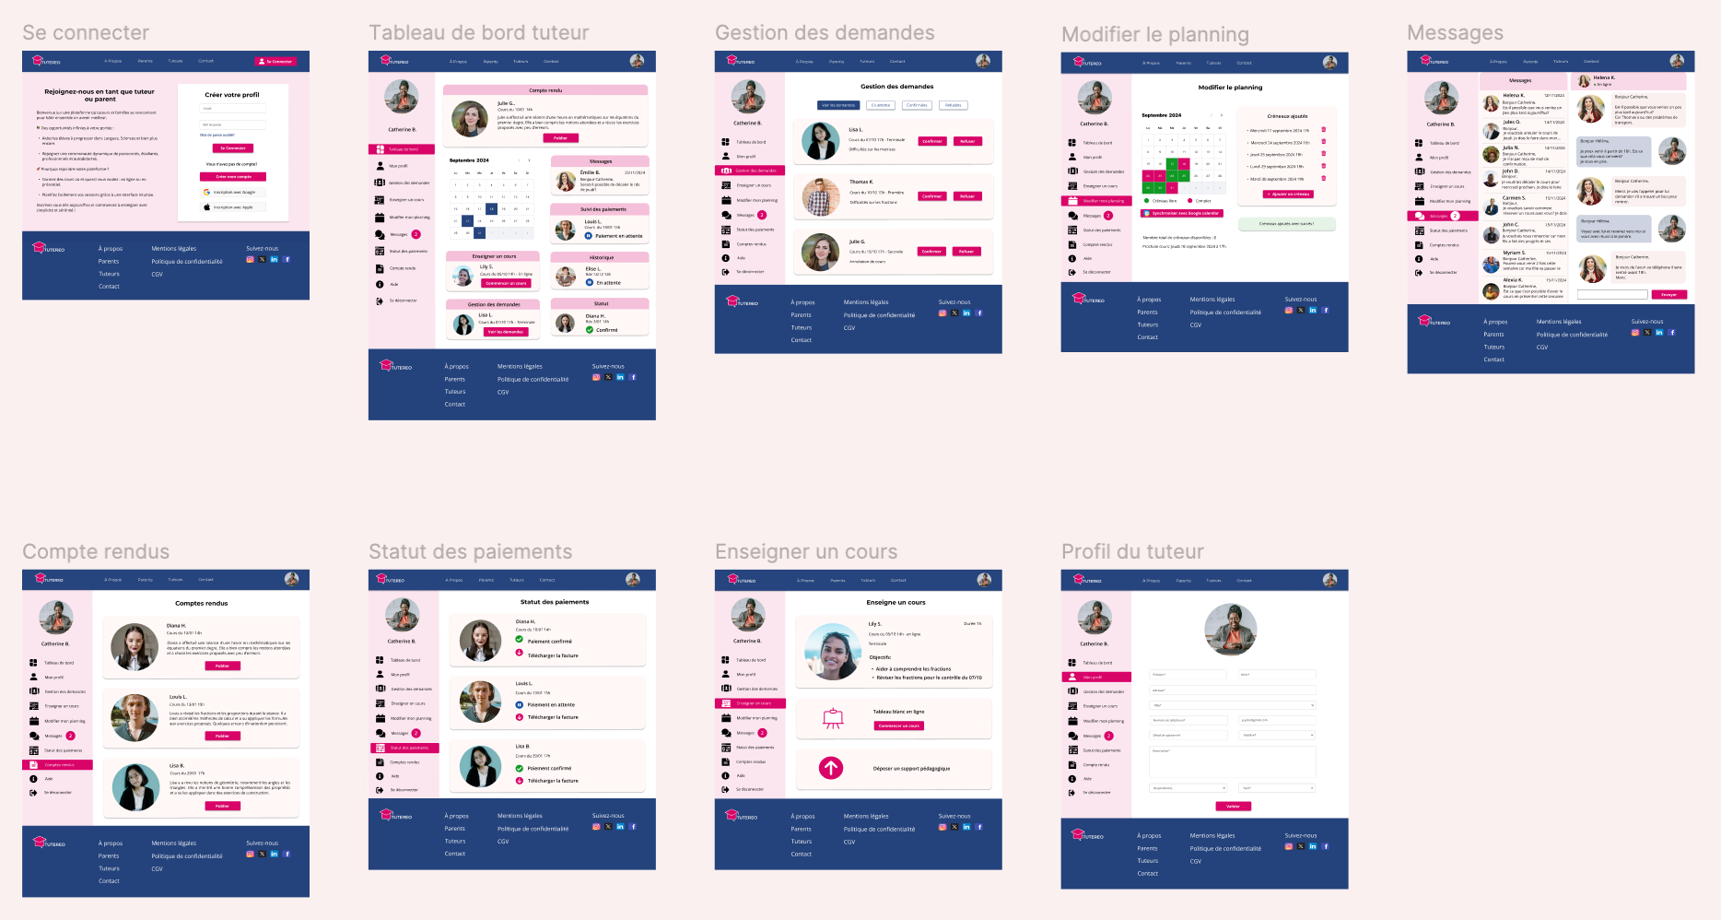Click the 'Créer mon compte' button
234,176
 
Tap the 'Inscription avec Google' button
234,192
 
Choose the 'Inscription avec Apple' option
234,207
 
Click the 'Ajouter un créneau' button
1288,195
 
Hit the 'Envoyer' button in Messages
1669,295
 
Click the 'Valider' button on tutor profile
1233,807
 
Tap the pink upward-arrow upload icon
831,768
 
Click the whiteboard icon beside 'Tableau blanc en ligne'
833,718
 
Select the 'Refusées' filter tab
953,105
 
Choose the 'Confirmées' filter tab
917,105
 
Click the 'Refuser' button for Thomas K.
967,196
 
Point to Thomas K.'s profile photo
820,196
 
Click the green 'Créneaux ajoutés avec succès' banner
1286,224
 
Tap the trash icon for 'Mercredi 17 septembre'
1324,130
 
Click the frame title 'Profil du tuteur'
1132,551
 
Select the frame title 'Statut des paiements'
470,551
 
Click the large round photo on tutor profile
1231,629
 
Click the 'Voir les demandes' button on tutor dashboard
506,332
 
